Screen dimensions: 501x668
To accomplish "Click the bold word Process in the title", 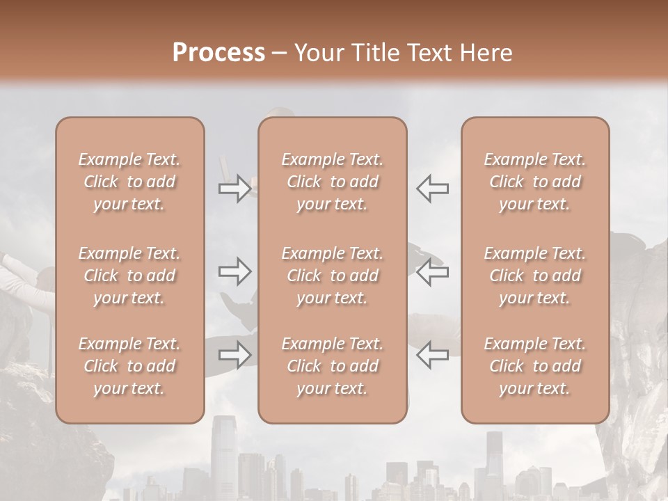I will (218, 53).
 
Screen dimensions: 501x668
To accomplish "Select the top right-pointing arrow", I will (234, 189).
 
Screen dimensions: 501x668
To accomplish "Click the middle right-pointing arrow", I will (234, 271).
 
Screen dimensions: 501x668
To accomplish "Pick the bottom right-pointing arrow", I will (234, 355).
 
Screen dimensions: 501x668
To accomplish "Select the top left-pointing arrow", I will (433, 189).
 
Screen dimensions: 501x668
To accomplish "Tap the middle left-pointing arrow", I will (433, 271).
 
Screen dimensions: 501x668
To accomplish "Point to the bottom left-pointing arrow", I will (433, 355).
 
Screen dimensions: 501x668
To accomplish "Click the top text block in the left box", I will (129, 182).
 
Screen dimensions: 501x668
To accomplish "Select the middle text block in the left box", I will (129, 276).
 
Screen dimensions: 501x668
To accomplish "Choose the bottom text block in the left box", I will (129, 366).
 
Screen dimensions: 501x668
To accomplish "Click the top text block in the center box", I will (332, 182).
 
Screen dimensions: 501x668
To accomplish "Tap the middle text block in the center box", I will (332, 276).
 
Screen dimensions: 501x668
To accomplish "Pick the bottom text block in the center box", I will (332, 366).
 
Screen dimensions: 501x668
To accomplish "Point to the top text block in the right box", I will (534, 182).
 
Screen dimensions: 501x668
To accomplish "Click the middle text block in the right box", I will (534, 276).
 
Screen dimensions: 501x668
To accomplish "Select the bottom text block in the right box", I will (534, 366).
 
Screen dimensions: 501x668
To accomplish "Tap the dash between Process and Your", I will (280, 54).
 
